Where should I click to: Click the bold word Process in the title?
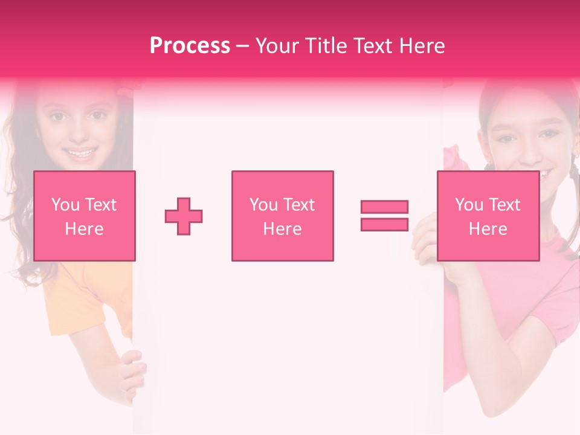tap(190, 46)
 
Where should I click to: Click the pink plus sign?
tap(184, 216)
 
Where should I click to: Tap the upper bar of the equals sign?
tap(384, 207)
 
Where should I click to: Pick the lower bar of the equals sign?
tap(384, 224)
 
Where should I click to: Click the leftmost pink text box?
tap(84, 216)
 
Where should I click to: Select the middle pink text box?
tap(282, 216)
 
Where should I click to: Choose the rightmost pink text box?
tap(488, 216)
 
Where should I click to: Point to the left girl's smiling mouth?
tap(80, 152)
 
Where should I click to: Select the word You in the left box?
tap(65, 205)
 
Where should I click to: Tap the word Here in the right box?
tap(488, 229)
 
